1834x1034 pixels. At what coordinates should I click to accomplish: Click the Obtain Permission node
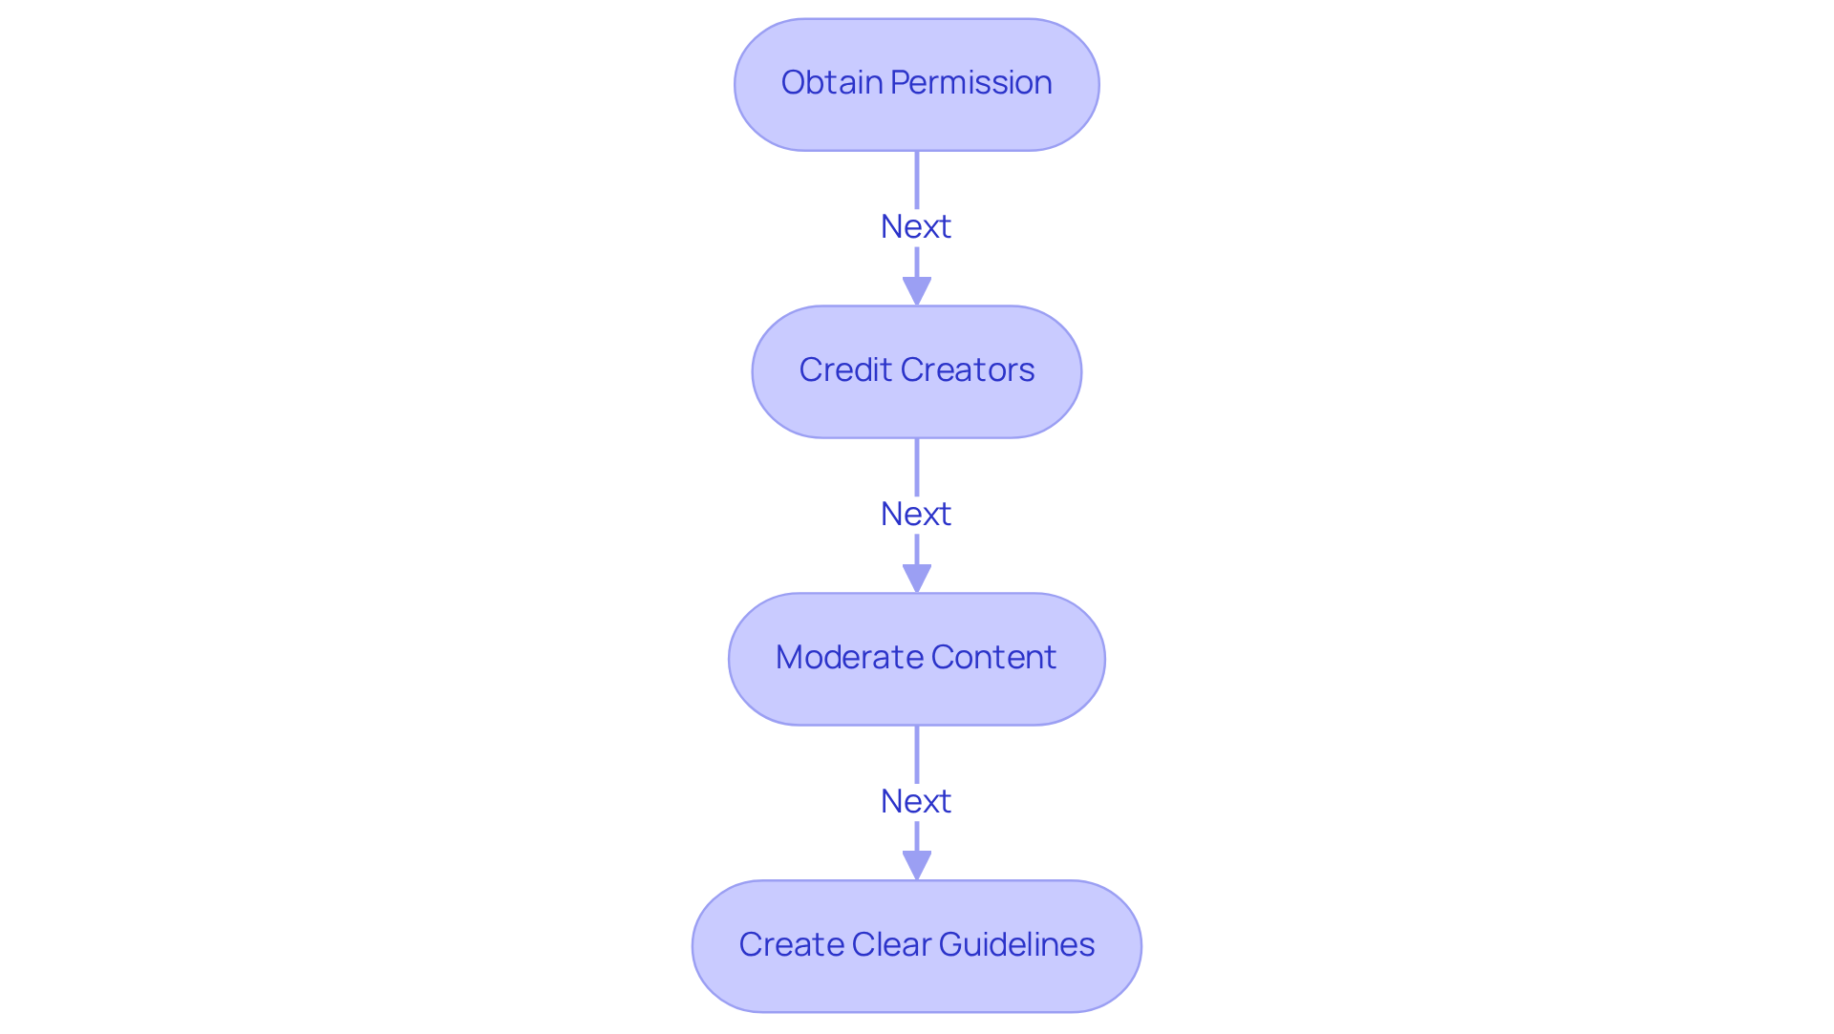pyautogui.click(x=917, y=85)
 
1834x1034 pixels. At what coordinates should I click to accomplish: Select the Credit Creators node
pyautogui.click(x=917, y=372)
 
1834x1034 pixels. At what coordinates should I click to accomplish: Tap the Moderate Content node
pyautogui.click(x=917, y=660)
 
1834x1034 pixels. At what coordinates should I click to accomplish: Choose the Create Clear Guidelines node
pyautogui.click(x=917, y=946)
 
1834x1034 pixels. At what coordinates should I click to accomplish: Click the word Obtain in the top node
pyautogui.click(x=832, y=82)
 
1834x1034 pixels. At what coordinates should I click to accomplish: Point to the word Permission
pyautogui.click(x=971, y=83)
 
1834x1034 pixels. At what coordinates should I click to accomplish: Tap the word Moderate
pyautogui.click(x=848, y=657)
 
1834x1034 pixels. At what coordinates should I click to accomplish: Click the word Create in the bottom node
pyautogui.click(x=791, y=944)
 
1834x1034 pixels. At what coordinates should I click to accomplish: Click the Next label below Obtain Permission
pyautogui.click(x=916, y=227)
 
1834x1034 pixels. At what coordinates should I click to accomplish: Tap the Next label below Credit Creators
pyautogui.click(x=916, y=515)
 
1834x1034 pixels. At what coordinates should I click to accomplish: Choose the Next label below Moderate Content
pyautogui.click(x=916, y=802)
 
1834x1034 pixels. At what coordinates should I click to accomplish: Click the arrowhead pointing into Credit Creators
pyautogui.click(x=917, y=291)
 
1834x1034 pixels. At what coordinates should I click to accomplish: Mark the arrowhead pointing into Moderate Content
pyautogui.click(x=917, y=579)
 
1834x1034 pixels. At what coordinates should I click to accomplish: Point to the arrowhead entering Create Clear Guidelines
pyautogui.click(x=917, y=866)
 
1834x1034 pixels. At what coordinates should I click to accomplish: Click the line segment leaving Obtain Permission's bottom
pyautogui.click(x=917, y=180)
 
